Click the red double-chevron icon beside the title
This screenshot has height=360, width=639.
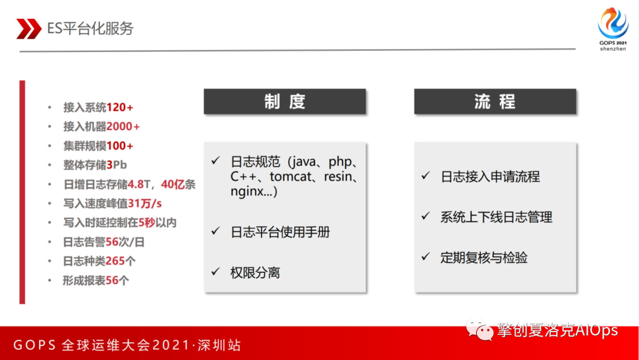pyautogui.click(x=28, y=28)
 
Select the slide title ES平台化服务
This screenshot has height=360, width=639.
pyautogui.click(x=91, y=28)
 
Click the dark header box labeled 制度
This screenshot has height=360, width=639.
pyautogui.click(x=285, y=101)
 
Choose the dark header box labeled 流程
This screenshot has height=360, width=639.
pyautogui.click(x=495, y=101)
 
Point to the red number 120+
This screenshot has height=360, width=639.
pyautogui.click(x=120, y=107)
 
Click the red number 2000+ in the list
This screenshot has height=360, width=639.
pyautogui.click(x=123, y=126)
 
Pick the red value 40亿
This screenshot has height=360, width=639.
pyautogui.click(x=173, y=184)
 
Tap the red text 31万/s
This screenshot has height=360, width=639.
pyautogui.click(x=145, y=204)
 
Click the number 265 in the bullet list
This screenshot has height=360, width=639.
pyautogui.click(x=115, y=261)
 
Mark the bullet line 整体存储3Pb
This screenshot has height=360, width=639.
pyautogui.click(x=95, y=165)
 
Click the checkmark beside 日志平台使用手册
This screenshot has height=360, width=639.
pyautogui.click(x=215, y=231)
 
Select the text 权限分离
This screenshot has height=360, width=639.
pyautogui.click(x=255, y=273)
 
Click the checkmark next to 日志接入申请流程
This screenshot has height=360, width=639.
pyautogui.click(x=426, y=176)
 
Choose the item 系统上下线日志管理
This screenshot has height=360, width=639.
pyautogui.click(x=496, y=217)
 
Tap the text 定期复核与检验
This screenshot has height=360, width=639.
pyautogui.click(x=484, y=258)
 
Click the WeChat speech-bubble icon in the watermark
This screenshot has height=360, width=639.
pyautogui.click(x=479, y=329)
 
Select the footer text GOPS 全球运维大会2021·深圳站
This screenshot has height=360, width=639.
pyautogui.click(x=127, y=345)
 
